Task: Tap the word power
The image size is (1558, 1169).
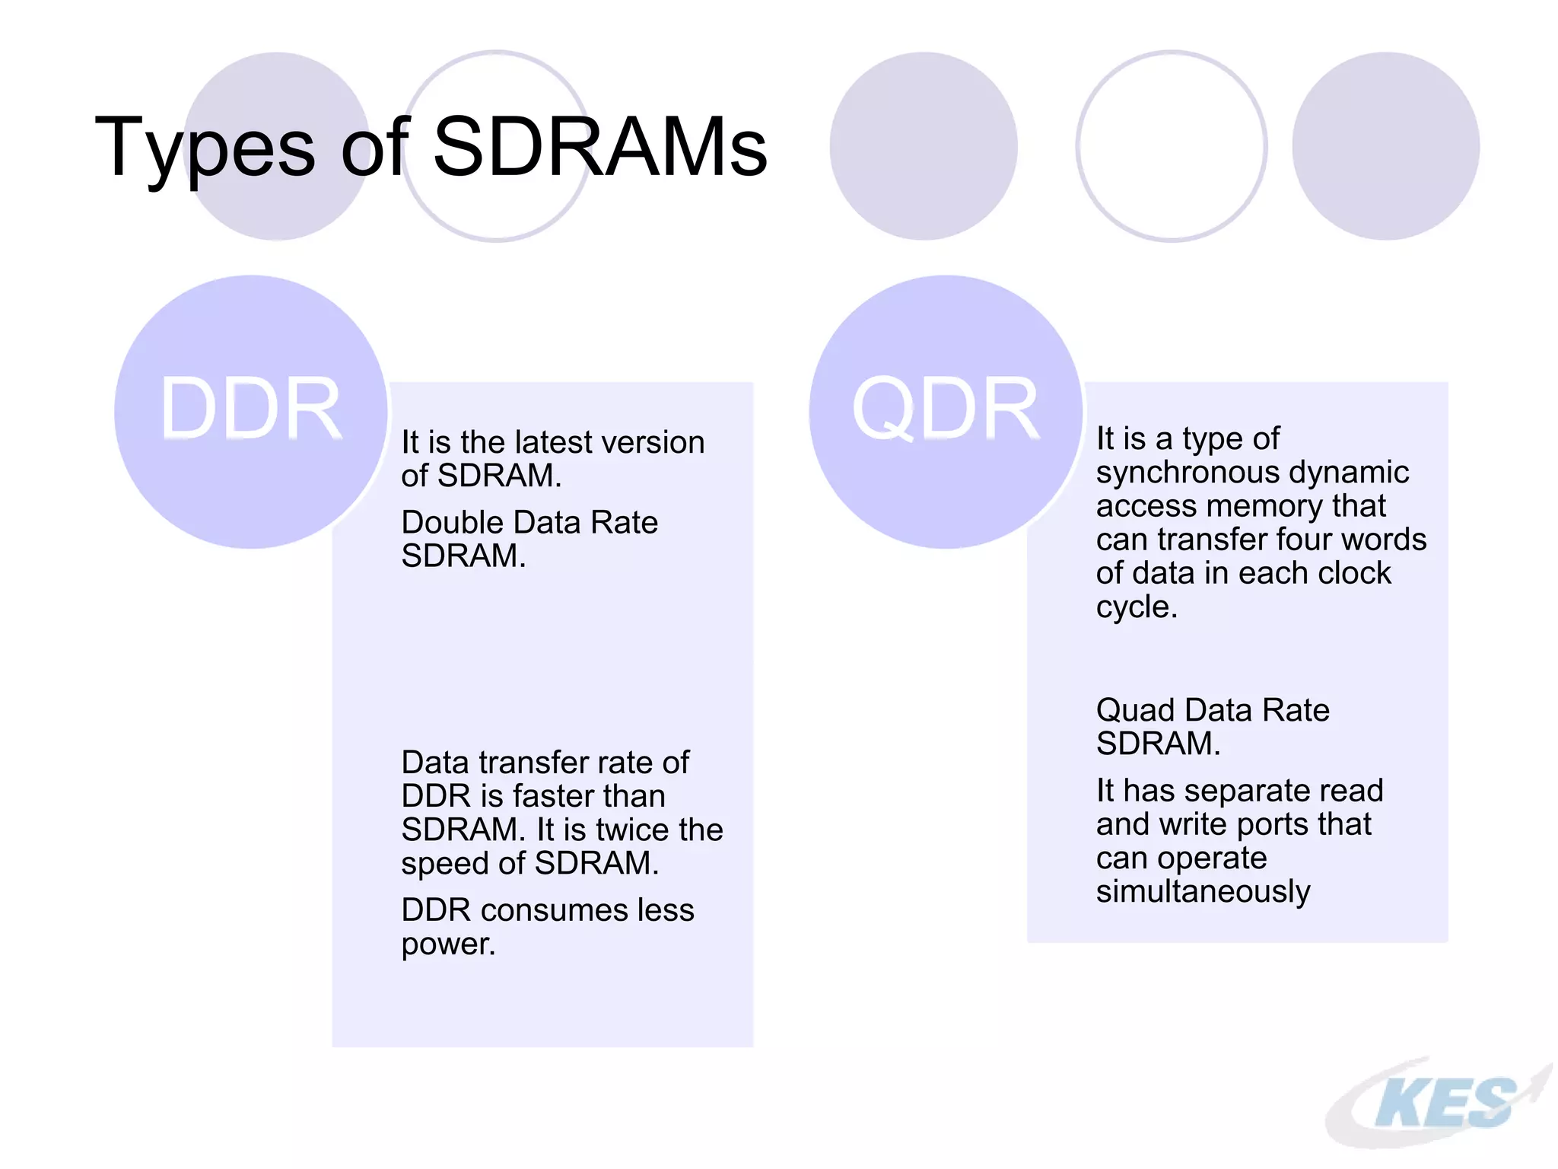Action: [447, 944]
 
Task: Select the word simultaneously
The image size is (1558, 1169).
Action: [1203, 891]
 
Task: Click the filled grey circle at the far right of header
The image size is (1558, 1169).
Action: [1385, 146]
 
